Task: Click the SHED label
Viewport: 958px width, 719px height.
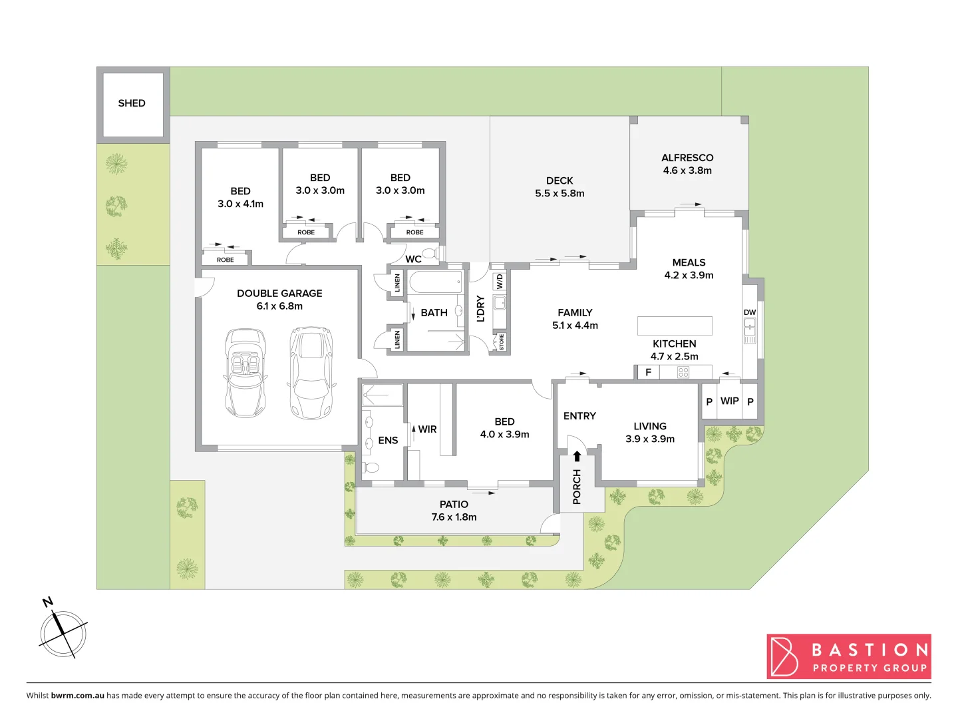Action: [x=131, y=103]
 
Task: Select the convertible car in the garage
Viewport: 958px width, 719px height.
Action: [x=245, y=373]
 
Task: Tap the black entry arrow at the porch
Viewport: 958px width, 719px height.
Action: [x=577, y=456]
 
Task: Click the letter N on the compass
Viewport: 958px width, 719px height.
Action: [x=47, y=602]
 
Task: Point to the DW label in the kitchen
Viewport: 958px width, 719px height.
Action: [x=750, y=312]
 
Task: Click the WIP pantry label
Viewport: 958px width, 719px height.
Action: [x=729, y=401]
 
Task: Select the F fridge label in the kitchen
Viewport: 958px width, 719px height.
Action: [x=648, y=372]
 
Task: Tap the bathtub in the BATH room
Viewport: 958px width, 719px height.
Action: [x=436, y=282]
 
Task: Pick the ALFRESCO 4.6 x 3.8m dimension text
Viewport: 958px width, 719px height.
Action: [x=687, y=170]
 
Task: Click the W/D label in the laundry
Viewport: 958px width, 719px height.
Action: [x=500, y=282]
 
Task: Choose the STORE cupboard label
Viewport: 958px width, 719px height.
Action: [x=501, y=342]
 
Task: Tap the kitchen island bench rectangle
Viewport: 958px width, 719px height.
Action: [x=675, y=326]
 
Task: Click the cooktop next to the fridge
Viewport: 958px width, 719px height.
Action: [x=683, y=372]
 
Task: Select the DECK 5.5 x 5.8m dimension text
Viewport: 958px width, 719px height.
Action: [x=559, y=193]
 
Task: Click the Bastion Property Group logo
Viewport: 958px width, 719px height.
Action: [x=849, y=656]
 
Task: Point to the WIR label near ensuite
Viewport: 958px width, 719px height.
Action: [x=427, y=429]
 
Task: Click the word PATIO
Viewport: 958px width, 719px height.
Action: [x=454, y=505]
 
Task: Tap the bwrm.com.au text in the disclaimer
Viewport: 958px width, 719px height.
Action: [x=77, y=695]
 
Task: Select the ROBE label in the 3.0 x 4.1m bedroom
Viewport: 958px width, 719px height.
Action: [x=226, y=260]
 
